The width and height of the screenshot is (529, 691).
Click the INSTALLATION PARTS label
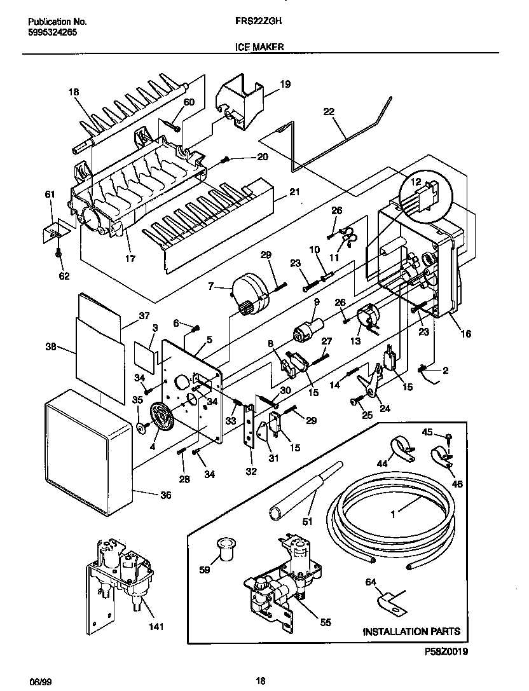(x=411, y=632)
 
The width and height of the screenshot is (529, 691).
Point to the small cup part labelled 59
(x=224, y=548)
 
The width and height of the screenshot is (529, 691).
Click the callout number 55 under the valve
(x=325, y=623)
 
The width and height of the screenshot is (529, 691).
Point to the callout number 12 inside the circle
(x=416, y=181)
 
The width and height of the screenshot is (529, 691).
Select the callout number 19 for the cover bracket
(x=285, y=84)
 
